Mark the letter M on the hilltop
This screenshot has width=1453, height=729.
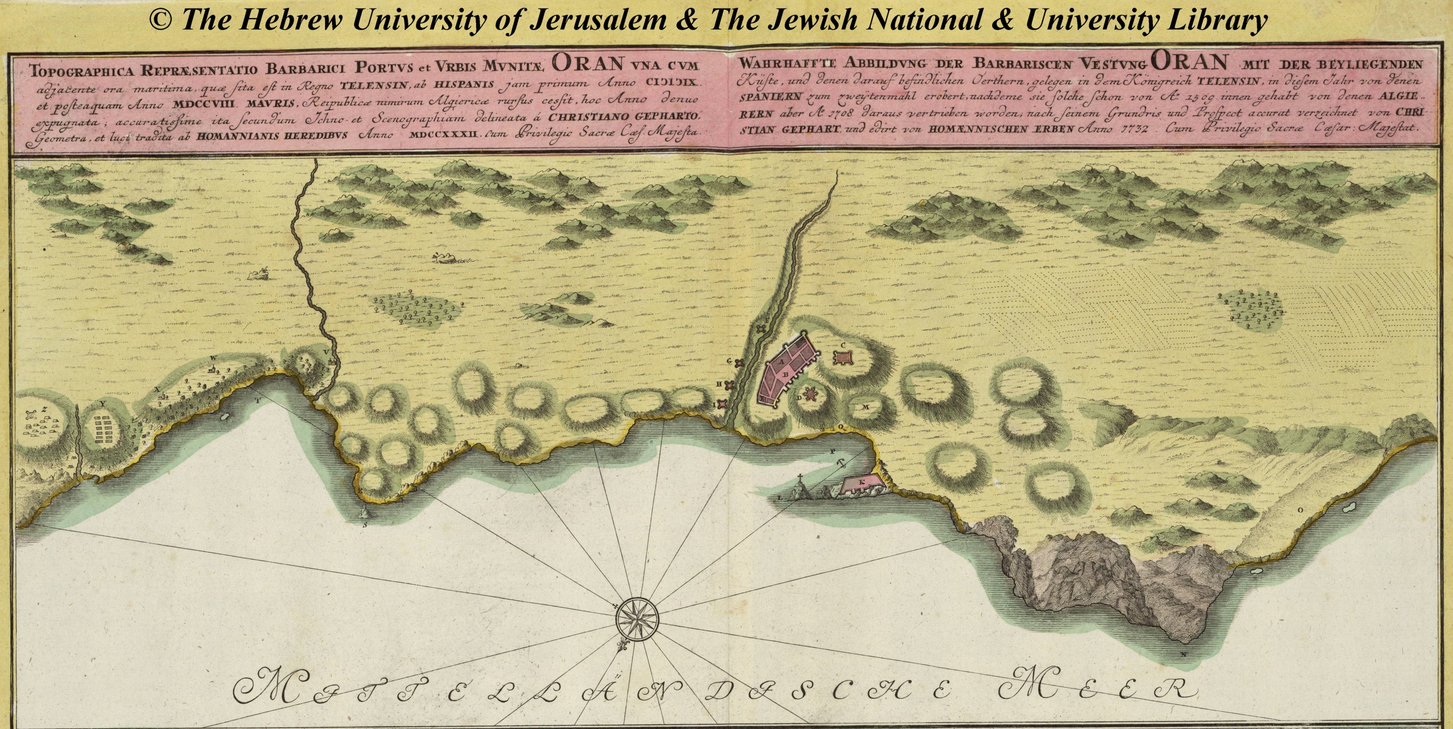[866, 406]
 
